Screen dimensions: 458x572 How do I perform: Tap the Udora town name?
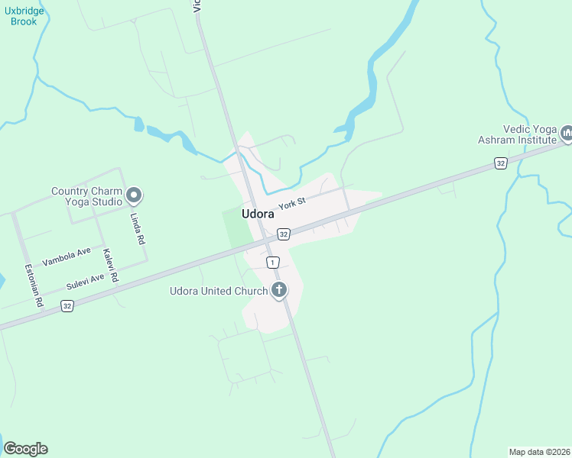pyautogui.click(x=258, y=214)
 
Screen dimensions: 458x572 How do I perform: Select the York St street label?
pyautogui.click(x=291, y=203)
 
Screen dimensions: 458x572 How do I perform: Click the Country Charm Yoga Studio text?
pyautogui.click(x=86, y=197)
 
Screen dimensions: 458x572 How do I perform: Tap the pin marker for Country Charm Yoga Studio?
pyautogui.click(x=134, y=196)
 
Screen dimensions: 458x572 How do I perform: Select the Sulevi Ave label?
pyautogui.click(x=85, y=280)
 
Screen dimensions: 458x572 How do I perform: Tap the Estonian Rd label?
pyautogui.click(x=34, y=286)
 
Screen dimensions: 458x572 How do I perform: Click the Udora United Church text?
pyautogui.click(x=219, y=291)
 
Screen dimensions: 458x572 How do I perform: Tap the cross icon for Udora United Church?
pyautogui.click(x=279, y=290)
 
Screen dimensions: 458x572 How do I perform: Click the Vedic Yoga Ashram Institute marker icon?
pyautogui.click(x=567, y=134)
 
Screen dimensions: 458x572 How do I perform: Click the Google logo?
pyautogui.click(x=25, y=449)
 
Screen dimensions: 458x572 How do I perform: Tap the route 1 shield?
pyautogui.click(x=272, y=263)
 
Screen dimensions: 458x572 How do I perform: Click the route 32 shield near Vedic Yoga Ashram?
pyautogui.click(x=500, y=163)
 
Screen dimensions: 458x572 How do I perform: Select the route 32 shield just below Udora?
pyautogui.click(x=284, y=234)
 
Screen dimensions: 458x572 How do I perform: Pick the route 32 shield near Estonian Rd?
pyautogui.click(x=67, y=306)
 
